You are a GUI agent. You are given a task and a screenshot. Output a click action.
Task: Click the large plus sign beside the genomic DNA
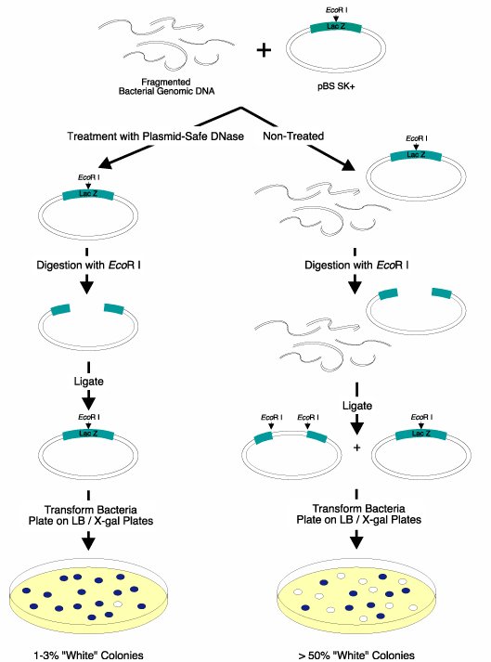tap(264, 50)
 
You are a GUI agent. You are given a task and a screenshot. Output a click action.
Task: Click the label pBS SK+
tap(336, 86)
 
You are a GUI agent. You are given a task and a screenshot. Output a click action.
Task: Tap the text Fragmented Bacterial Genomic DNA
tap(166, 86)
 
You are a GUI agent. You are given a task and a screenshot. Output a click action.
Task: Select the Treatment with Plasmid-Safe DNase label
tap(155, 136)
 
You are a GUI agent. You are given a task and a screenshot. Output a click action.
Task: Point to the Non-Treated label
tap(293, 136)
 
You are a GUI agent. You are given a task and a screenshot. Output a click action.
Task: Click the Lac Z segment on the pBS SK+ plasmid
tap(336, 27)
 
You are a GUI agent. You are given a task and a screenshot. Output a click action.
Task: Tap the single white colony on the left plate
tap(118, 604)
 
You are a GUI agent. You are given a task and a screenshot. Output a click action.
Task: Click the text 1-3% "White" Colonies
tap(89, 656)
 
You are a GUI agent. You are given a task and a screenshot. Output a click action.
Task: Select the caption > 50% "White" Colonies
tap(356, 656)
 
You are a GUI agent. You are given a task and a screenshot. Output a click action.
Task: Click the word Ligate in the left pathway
tap(89, 382)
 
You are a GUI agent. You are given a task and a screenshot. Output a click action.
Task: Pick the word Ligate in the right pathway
tap(357, 406)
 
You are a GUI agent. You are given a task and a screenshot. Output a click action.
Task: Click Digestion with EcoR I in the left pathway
tap(89, 266)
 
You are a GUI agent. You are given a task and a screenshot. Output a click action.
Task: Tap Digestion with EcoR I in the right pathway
tap(356, 266)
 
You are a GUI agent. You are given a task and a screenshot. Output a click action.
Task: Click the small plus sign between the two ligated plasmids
tap(356, 448)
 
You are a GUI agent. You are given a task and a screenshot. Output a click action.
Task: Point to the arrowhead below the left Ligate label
tap(88, 404)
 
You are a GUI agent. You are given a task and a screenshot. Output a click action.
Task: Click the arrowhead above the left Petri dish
tap(88, 543)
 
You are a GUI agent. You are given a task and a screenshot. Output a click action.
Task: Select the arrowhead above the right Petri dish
tap(356, 542)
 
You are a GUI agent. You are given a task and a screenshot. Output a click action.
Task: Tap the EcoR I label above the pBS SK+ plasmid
tap(337, 9)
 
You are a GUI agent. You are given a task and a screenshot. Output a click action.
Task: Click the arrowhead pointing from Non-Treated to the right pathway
tap(348, 165)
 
